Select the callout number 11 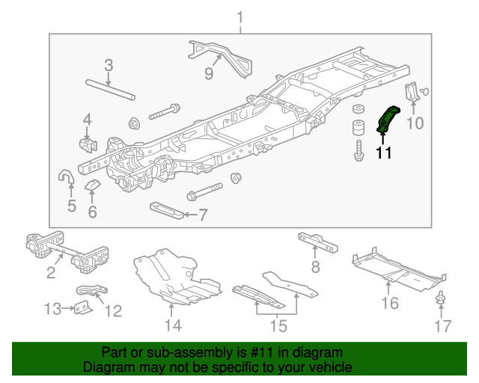[384, 153]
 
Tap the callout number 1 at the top [240, 16]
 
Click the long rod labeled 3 [109, 88]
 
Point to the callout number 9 [209, 73]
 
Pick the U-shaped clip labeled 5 [65, 178]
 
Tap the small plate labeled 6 [92, 184]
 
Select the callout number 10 [414, 122]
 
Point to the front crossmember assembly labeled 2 [67, 251]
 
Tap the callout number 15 [278, 326]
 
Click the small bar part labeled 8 [317, 242]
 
